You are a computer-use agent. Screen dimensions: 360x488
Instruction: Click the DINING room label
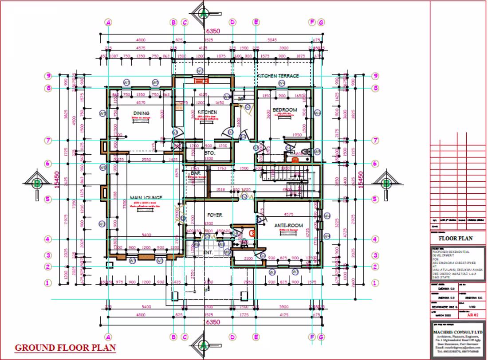click(x=141, y=113)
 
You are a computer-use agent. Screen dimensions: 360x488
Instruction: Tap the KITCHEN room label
click(x=207, y=112)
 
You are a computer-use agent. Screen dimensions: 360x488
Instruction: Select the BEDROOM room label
click(x=285, y=110)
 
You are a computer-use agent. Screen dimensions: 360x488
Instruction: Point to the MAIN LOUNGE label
click(x=146, y=197)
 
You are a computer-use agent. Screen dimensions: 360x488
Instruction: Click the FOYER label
click(x=215, y=215)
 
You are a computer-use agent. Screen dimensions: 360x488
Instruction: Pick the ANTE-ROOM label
click(x=288, y=226)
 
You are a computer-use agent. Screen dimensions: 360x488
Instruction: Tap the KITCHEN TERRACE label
click(x=278, y=76)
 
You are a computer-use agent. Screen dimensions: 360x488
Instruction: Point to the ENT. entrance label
click(x=208, y=253)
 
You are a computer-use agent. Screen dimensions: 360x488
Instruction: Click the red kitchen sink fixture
click(x=201, y=81)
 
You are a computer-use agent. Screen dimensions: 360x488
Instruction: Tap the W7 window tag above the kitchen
click(x=200, y=71)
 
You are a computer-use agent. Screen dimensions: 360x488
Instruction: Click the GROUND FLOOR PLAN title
click(x=66, y=348)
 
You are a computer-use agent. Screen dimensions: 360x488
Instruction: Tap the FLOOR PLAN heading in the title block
click(x=455, y=238)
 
